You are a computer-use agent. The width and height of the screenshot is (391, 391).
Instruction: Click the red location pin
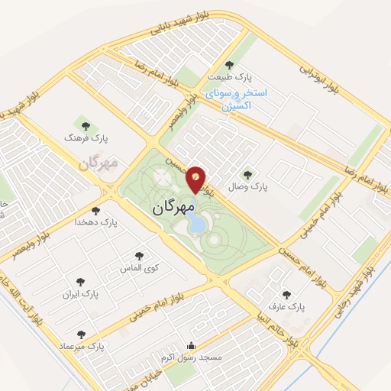point(195,179)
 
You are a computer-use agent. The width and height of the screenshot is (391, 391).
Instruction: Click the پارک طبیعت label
point(232,78)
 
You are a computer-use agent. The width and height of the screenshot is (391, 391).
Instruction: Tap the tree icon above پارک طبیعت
point(231,65)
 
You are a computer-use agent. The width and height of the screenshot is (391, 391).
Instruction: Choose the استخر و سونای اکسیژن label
point(244,99)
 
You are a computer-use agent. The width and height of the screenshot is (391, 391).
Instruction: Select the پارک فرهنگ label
point(88,138)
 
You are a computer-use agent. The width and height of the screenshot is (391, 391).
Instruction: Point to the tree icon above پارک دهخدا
point(95,210)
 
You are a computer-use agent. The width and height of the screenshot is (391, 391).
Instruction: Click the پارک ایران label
point(82,293)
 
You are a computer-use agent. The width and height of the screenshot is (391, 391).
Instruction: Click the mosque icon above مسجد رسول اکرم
point(191,344)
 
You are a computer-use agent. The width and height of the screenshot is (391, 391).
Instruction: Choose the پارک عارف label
point(288,307)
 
